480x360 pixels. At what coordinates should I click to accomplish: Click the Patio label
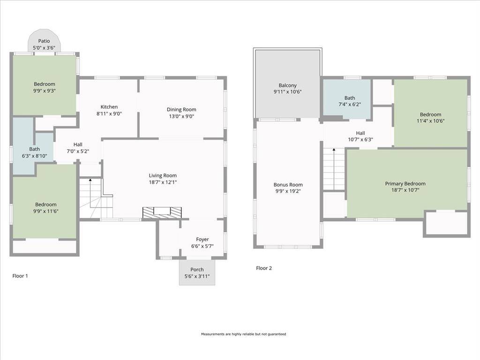(x=44, y=41)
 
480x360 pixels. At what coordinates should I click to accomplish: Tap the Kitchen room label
(x=109, y=107)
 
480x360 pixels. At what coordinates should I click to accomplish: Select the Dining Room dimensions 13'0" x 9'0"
(x=181, y=116)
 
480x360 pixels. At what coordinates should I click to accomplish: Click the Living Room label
(x=163, y=175)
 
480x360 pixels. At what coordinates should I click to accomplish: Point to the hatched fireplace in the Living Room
(x=162, y=213)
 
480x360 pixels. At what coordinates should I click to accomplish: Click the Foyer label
(x=202, y=240)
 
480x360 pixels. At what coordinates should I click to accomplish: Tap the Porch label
(x=197, y=270)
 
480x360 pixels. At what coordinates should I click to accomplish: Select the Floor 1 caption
(x=20, y=276)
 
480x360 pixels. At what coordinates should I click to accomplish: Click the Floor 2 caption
(x=264, y=268)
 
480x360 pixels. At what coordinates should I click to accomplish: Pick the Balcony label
(x=288, y=85)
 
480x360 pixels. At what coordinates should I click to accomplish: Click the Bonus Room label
(x=288, y=185)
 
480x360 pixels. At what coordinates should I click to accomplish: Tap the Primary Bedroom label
(x=405, y=184)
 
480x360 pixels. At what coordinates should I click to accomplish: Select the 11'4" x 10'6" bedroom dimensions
(x=430, y=121)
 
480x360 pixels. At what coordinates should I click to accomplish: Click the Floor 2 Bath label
(x=350, y=98)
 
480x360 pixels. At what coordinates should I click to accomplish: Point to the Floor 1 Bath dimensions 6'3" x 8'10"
(x=34, y=156)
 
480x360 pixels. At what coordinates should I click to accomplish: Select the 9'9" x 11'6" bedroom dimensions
(x=46, y=211)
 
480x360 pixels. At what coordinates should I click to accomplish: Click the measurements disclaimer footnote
(x=243, y=334)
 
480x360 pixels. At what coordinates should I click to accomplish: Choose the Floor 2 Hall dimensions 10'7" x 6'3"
(x=360, y=140)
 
